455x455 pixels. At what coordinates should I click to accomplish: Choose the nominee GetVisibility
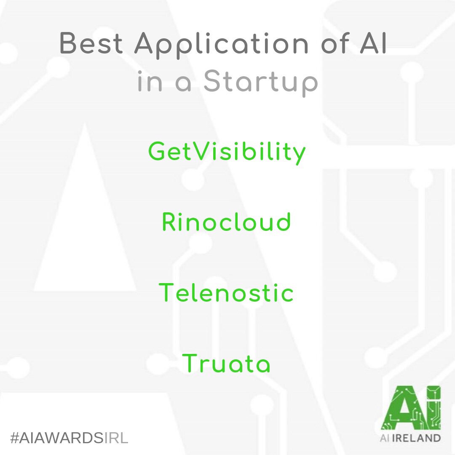227,153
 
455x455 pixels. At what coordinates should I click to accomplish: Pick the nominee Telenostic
226,292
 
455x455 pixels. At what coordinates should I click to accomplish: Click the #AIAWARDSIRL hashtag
69,438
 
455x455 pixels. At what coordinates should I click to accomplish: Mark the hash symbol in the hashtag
14,438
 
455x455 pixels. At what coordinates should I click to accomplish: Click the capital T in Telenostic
167,292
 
